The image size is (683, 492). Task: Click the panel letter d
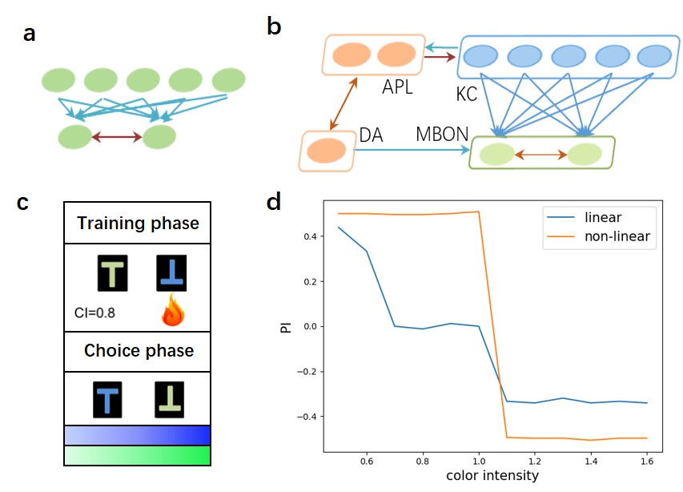point(275,201)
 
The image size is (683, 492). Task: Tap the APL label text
point(397,87)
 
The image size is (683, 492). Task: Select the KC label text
point(466,95)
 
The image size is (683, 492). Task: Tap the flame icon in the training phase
point(172,312)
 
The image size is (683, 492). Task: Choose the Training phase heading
point(138,223)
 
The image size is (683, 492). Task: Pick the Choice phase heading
point(139,351)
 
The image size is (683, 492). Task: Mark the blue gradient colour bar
point(137,434)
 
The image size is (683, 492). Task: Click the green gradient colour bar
point(137,455)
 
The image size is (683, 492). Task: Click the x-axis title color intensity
point(492,475)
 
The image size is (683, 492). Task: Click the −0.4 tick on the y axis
point(309,416)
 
